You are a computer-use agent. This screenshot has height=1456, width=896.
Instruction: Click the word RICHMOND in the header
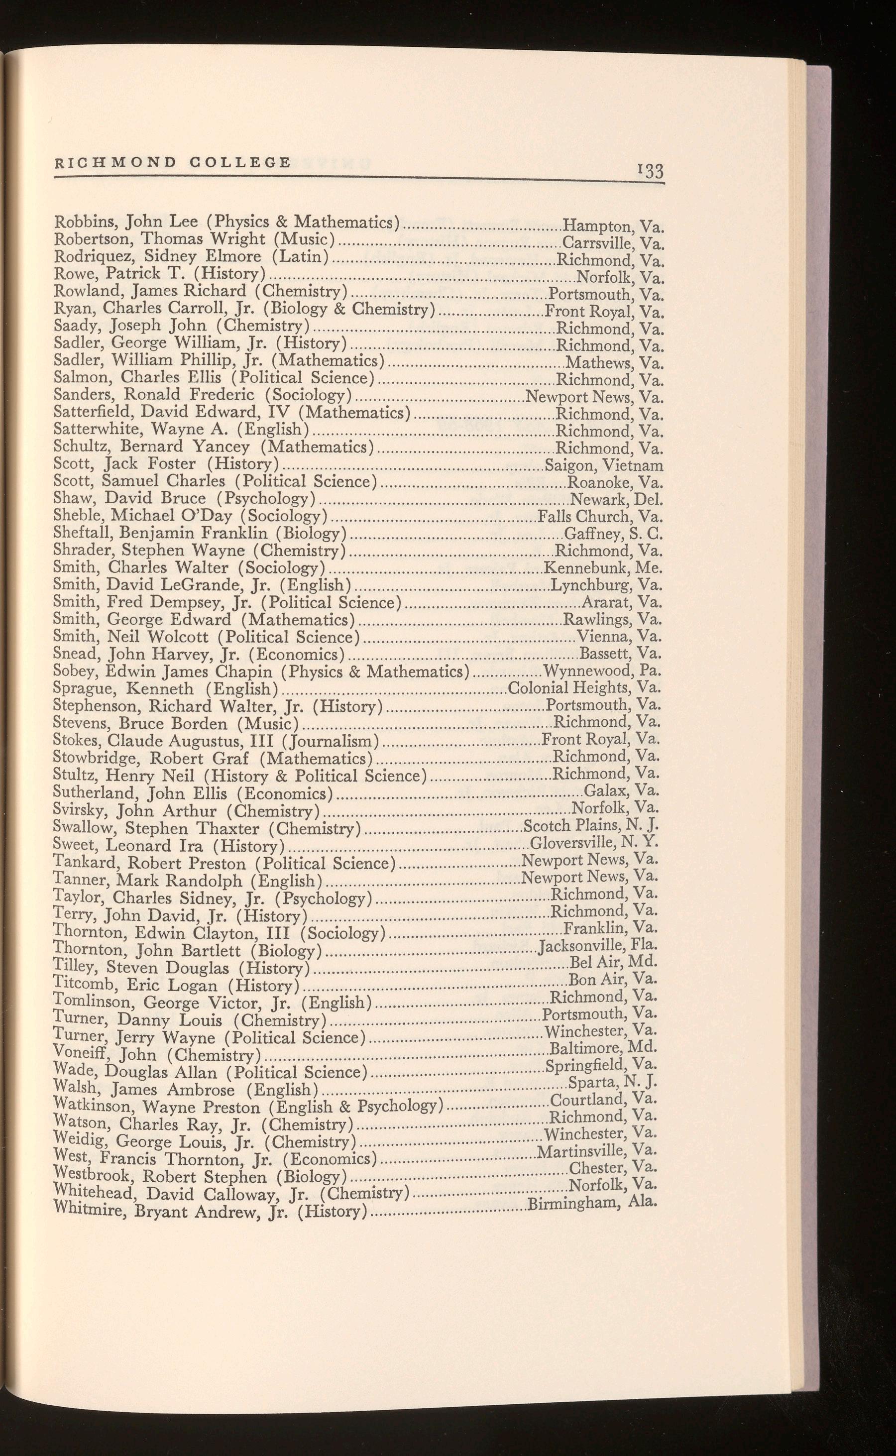click(115, 162)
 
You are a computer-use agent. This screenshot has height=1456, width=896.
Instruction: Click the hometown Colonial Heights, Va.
click(585, 688)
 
